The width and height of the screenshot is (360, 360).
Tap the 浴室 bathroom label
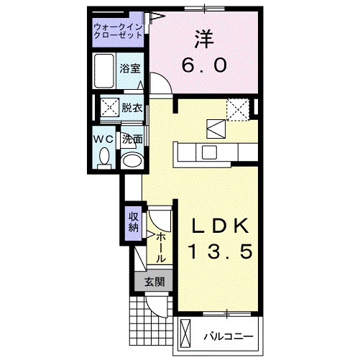click(131, 69)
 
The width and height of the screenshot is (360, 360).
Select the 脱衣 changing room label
click(131, 109)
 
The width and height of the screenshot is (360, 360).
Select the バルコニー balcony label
click(225, 335)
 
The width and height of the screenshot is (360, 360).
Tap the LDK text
click(221, 226)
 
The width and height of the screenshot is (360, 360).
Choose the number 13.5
click(221, 252)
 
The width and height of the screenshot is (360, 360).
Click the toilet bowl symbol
click(103, 156)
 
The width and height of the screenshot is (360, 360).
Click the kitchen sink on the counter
click(210, 152)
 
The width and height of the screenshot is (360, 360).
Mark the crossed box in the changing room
click(110, 109)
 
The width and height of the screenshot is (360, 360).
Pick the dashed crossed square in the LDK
click(237, 109)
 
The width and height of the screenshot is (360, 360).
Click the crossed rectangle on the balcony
click(186, 335)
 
